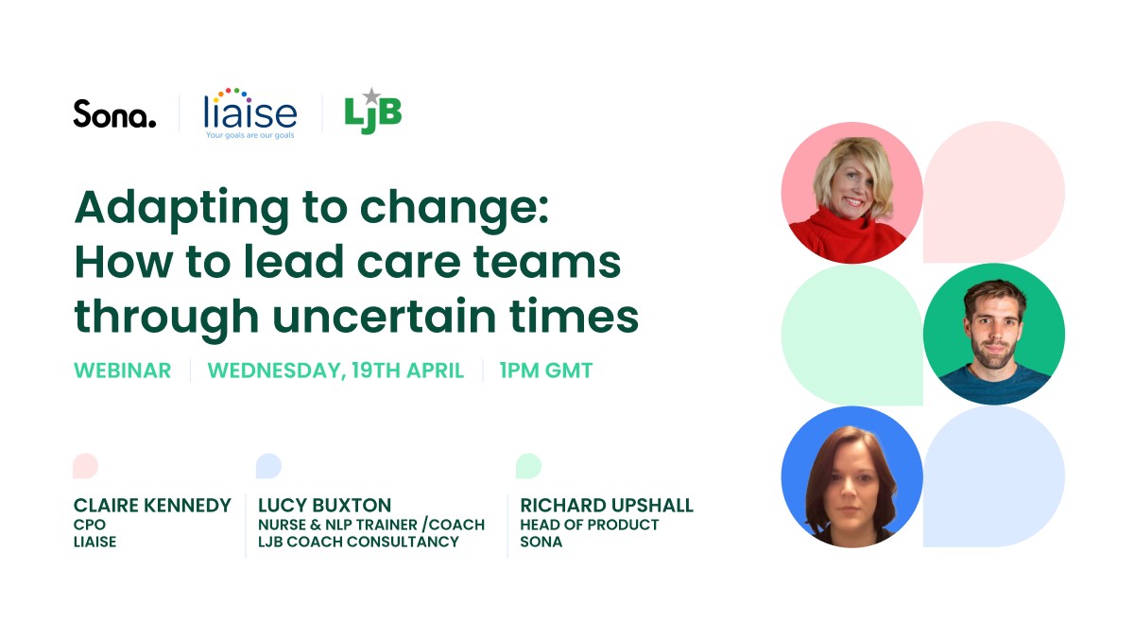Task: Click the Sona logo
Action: (x=114, y=114)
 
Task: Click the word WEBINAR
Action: (x=123, y=371)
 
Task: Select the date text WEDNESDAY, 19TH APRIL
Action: (x=335, y=371)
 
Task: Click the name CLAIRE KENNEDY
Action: (x=152, y=506)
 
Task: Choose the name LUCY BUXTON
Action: (x=324, y=506)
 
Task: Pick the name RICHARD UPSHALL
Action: (x=607, y=506)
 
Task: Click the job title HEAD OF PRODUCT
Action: (x=590, y=525)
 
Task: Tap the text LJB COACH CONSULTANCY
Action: (x=358, y=542)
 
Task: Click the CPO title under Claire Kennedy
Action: (x=89, y=525)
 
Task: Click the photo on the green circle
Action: (x=994, y=334)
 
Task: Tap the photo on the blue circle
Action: (x=851, y=476)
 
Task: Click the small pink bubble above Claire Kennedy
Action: (x=85, y=466)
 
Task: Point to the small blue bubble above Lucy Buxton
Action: (x=268, y=466)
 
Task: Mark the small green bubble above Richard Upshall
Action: (x=528, y=466)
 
